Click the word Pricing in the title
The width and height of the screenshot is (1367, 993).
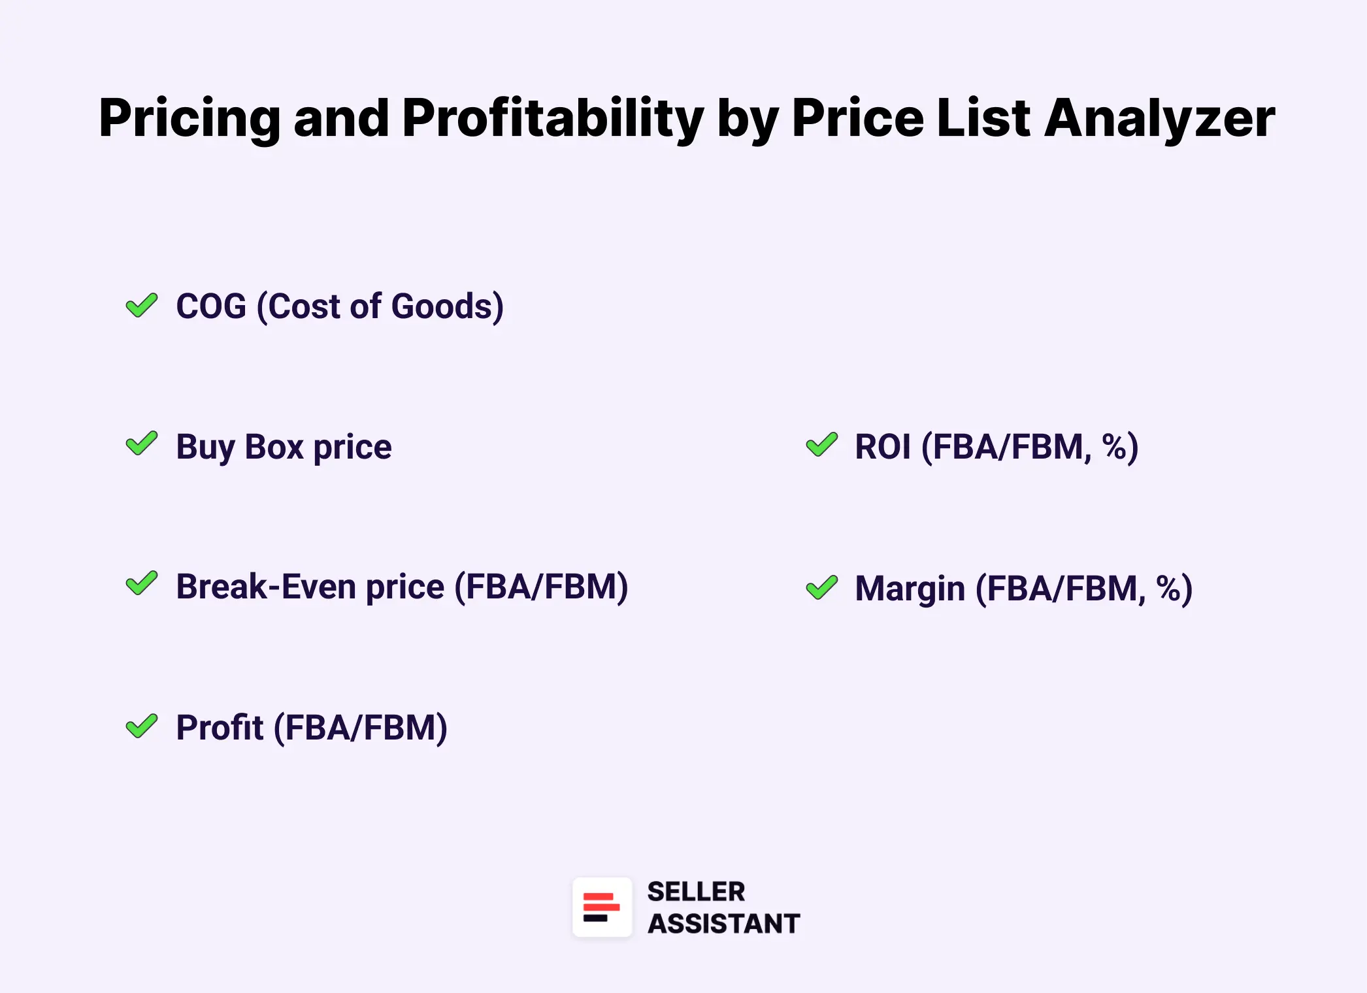189,120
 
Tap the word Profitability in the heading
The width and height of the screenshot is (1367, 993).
553,120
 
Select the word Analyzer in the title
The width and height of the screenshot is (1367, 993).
1159,120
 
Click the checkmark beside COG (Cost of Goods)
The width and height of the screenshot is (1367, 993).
142,305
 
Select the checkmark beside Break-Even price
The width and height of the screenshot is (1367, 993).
142,583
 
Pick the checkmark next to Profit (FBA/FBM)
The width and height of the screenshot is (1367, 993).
142,726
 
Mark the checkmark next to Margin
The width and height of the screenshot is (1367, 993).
822,587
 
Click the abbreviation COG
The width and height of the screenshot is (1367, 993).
211,306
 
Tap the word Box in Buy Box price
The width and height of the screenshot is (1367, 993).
274,447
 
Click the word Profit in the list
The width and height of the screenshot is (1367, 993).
220,728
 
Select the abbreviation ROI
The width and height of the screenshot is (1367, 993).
883,448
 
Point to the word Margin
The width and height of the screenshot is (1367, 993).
910,589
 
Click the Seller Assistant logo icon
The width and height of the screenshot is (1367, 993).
602,907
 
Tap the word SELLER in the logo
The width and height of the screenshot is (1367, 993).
696,892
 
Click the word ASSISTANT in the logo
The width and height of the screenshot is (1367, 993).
723,924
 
